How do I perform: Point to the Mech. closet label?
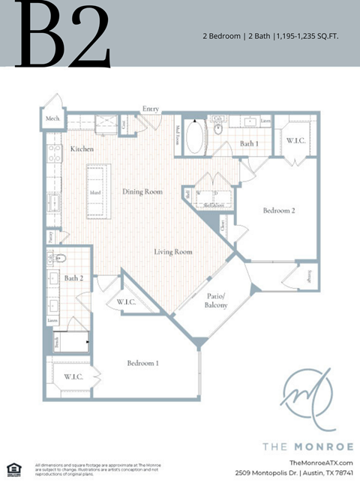click(53, 118)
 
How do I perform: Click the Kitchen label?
click(82, 149)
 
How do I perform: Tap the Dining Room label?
click(142, 192)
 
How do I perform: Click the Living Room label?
click(173, 252)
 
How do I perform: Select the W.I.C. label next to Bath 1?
click(294, 139)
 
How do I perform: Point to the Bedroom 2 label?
click(279, 211)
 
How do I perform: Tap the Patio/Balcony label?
click(217, 301)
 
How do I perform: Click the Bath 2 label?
click(73, 279)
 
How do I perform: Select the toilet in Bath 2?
click(62, 259)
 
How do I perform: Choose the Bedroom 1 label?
click(142, 363)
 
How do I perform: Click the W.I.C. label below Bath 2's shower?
click(73, 376)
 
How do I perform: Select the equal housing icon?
click(13, 469)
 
